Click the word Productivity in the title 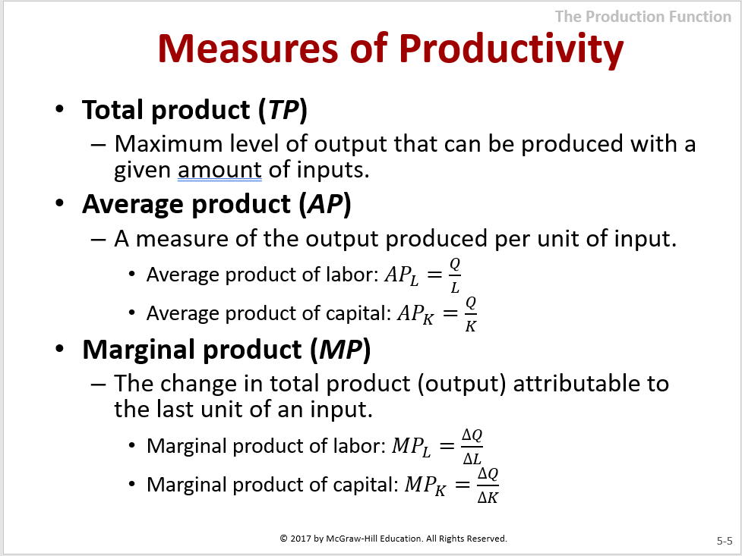(x=511, y=49)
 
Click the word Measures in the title (x=248, y=49)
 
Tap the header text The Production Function (x=643, y=17)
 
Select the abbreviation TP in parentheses (x=283, y=111)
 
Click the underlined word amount (x=219, y=170)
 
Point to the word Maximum (x=169, y=143)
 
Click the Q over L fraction (x=455, y=275)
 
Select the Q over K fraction (x=470, y=314)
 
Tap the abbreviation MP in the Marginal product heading (x=340, y=350)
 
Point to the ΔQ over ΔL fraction (x=472, y=447)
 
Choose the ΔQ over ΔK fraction (x=488, y=485)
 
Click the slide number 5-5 (x=724, y=541)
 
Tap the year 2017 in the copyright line (x=301, y=539)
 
